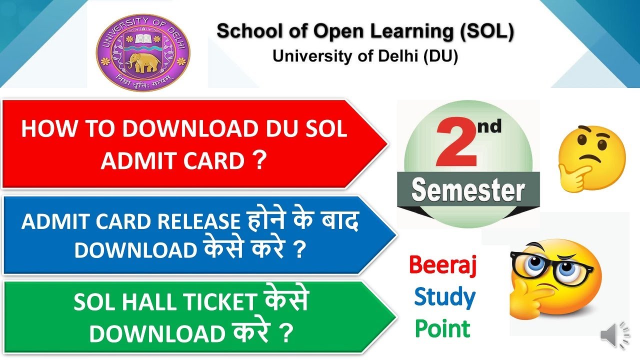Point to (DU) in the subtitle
point(440,56)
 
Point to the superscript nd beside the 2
point(488,127)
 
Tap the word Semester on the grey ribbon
point(468,191)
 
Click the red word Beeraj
point(443,265)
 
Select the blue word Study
point(444,297)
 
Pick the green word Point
point(443,329)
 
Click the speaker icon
point(614,335)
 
